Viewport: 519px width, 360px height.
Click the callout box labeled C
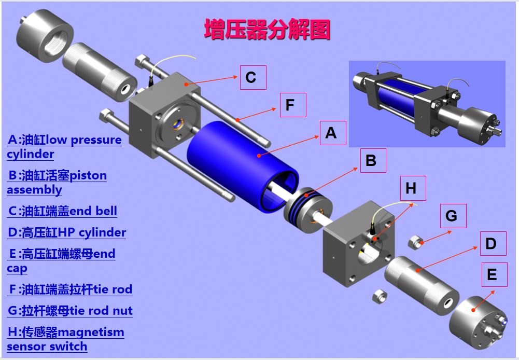pos(253,77)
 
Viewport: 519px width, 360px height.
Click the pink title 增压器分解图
pos(267,30)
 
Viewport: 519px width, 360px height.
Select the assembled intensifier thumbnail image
pos(427,104)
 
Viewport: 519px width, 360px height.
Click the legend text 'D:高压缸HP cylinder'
pos(67,232)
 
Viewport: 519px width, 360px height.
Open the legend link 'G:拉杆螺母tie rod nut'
pos(70,311)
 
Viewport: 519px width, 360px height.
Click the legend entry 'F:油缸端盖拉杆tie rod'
pos(70,289)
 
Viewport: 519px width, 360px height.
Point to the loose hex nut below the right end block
pos(378,296)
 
